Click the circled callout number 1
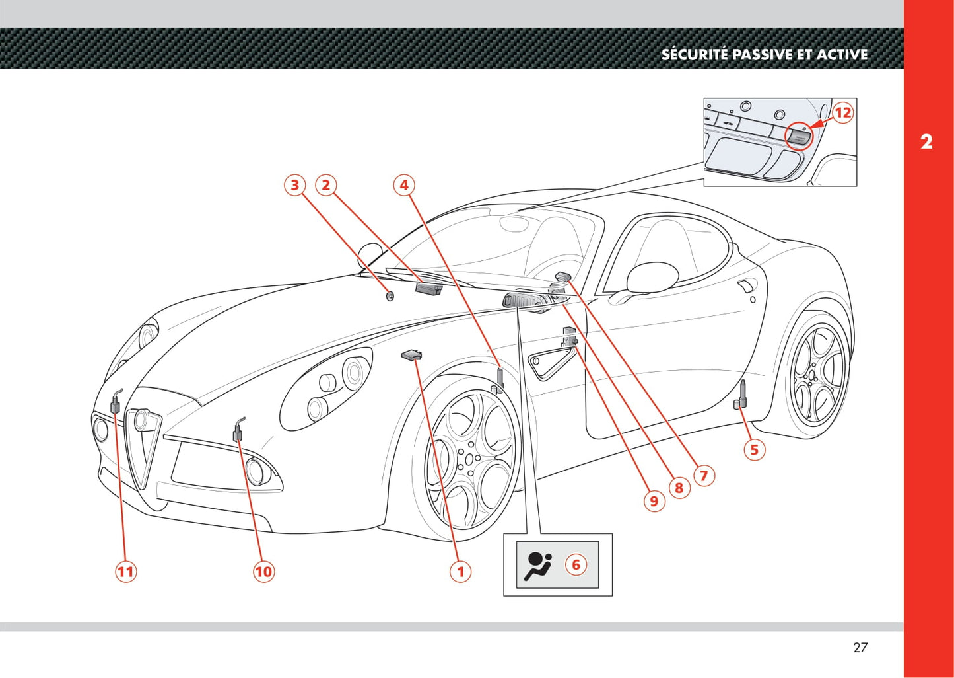click(x=461, y=571)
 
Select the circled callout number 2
click(x=325, y=185)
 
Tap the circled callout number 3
click(x=295, y=185)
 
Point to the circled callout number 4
click(x=404, y=185)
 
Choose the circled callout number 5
click(x=754, y=450)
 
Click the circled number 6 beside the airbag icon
click(x=576, y=564)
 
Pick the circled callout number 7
click(x=704, y=475)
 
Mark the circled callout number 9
click(x=654, y=501)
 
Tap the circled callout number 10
click(x=263, y=571)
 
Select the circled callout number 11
click(x=125, y=571)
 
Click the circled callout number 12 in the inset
click(x=842, y=112)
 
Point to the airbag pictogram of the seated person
click(x=538, y=565)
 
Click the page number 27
click(x=860, y=648)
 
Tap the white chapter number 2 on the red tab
click(x=926, y=141)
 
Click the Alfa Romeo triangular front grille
click(x=144, y=443)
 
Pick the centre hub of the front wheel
click(x=469, y=459)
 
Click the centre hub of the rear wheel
click(x=810, y=376)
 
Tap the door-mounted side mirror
click(x=652, y=278)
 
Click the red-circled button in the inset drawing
click(x=798, y=136)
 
